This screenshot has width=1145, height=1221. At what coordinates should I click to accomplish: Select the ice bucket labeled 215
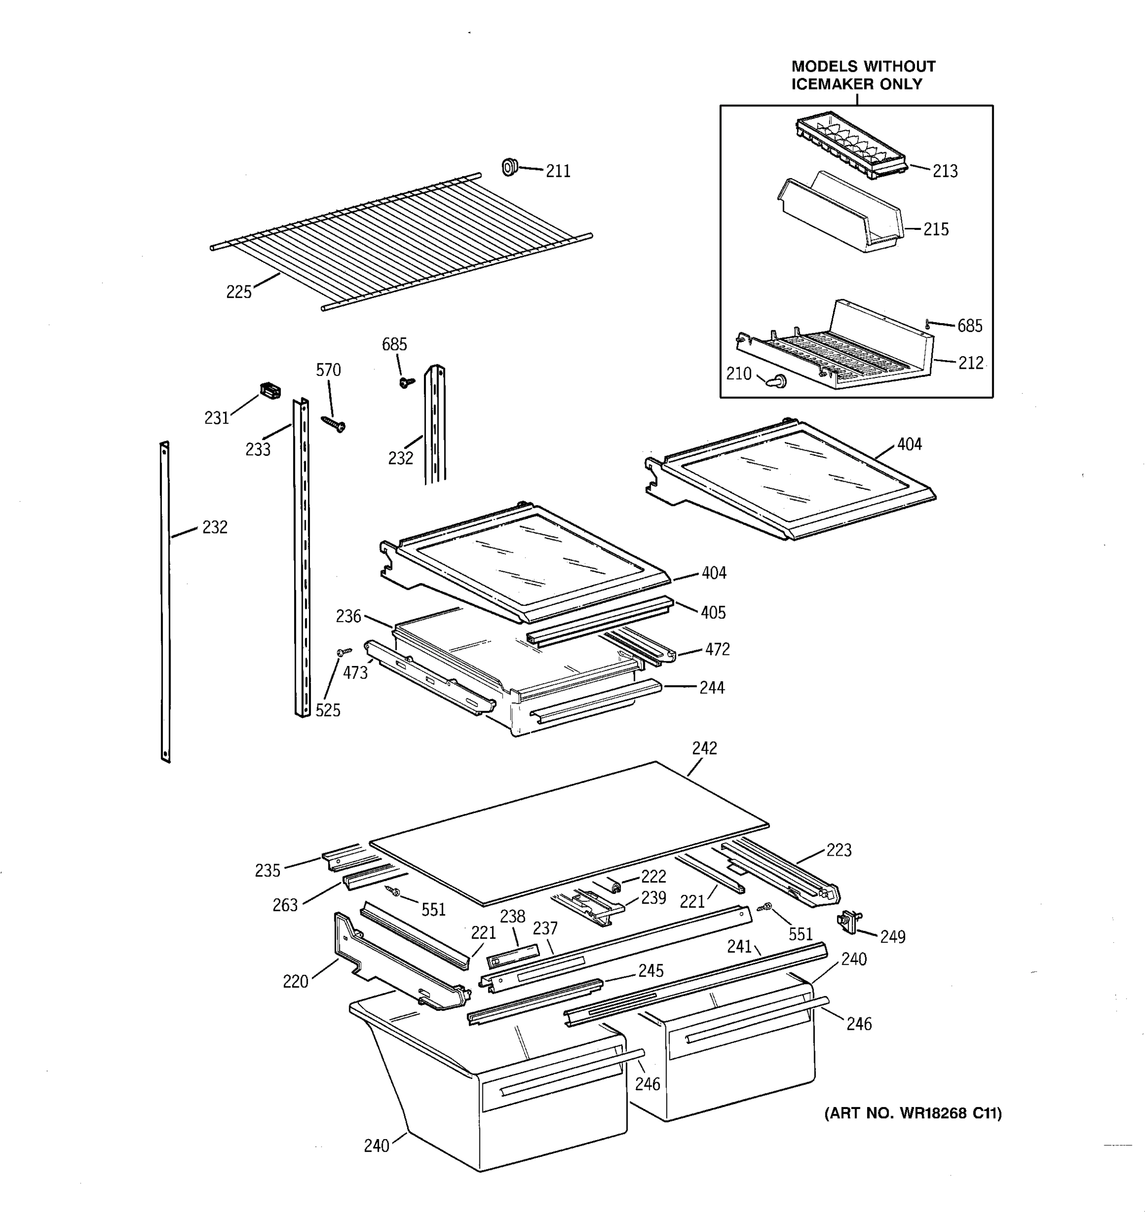(x=842, y=215)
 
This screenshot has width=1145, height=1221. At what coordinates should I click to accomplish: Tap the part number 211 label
(x=558, y=171)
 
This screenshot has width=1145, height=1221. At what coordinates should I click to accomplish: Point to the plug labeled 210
(x=777, y=382)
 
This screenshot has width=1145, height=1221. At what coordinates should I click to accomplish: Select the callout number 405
(x=713, y=613)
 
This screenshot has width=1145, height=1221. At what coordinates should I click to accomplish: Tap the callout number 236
(x=348, y=616)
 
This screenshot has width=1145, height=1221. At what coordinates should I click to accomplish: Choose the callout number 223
(x=839, y=850)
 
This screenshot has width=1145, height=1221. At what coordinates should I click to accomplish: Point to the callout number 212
(x=970, y=363)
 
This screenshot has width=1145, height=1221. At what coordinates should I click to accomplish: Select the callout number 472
(x=717, y=649)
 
